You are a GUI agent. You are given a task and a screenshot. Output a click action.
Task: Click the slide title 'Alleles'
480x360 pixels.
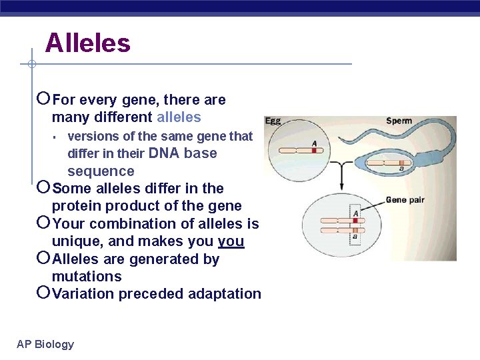point(87,44)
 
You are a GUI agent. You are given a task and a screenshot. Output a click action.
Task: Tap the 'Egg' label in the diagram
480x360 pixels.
point(273,121)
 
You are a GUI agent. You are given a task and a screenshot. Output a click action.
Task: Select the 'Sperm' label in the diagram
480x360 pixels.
point(399,121)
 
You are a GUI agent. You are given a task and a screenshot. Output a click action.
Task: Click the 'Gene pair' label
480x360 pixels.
point(405,200)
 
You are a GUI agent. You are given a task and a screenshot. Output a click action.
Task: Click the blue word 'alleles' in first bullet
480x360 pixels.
point(179,117)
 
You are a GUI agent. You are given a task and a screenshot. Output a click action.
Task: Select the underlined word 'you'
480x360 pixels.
point(231,241)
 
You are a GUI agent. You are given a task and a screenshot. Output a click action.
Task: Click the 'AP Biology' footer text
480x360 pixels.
point(45,344)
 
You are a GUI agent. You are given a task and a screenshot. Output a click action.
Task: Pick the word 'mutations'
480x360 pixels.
point(87,276)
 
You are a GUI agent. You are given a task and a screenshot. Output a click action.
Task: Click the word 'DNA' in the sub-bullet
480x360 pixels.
point(164,153)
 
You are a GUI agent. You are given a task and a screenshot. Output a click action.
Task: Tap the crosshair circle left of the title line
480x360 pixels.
point(31,65)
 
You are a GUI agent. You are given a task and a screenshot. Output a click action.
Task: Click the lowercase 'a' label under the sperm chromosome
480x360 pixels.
point(401,169)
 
